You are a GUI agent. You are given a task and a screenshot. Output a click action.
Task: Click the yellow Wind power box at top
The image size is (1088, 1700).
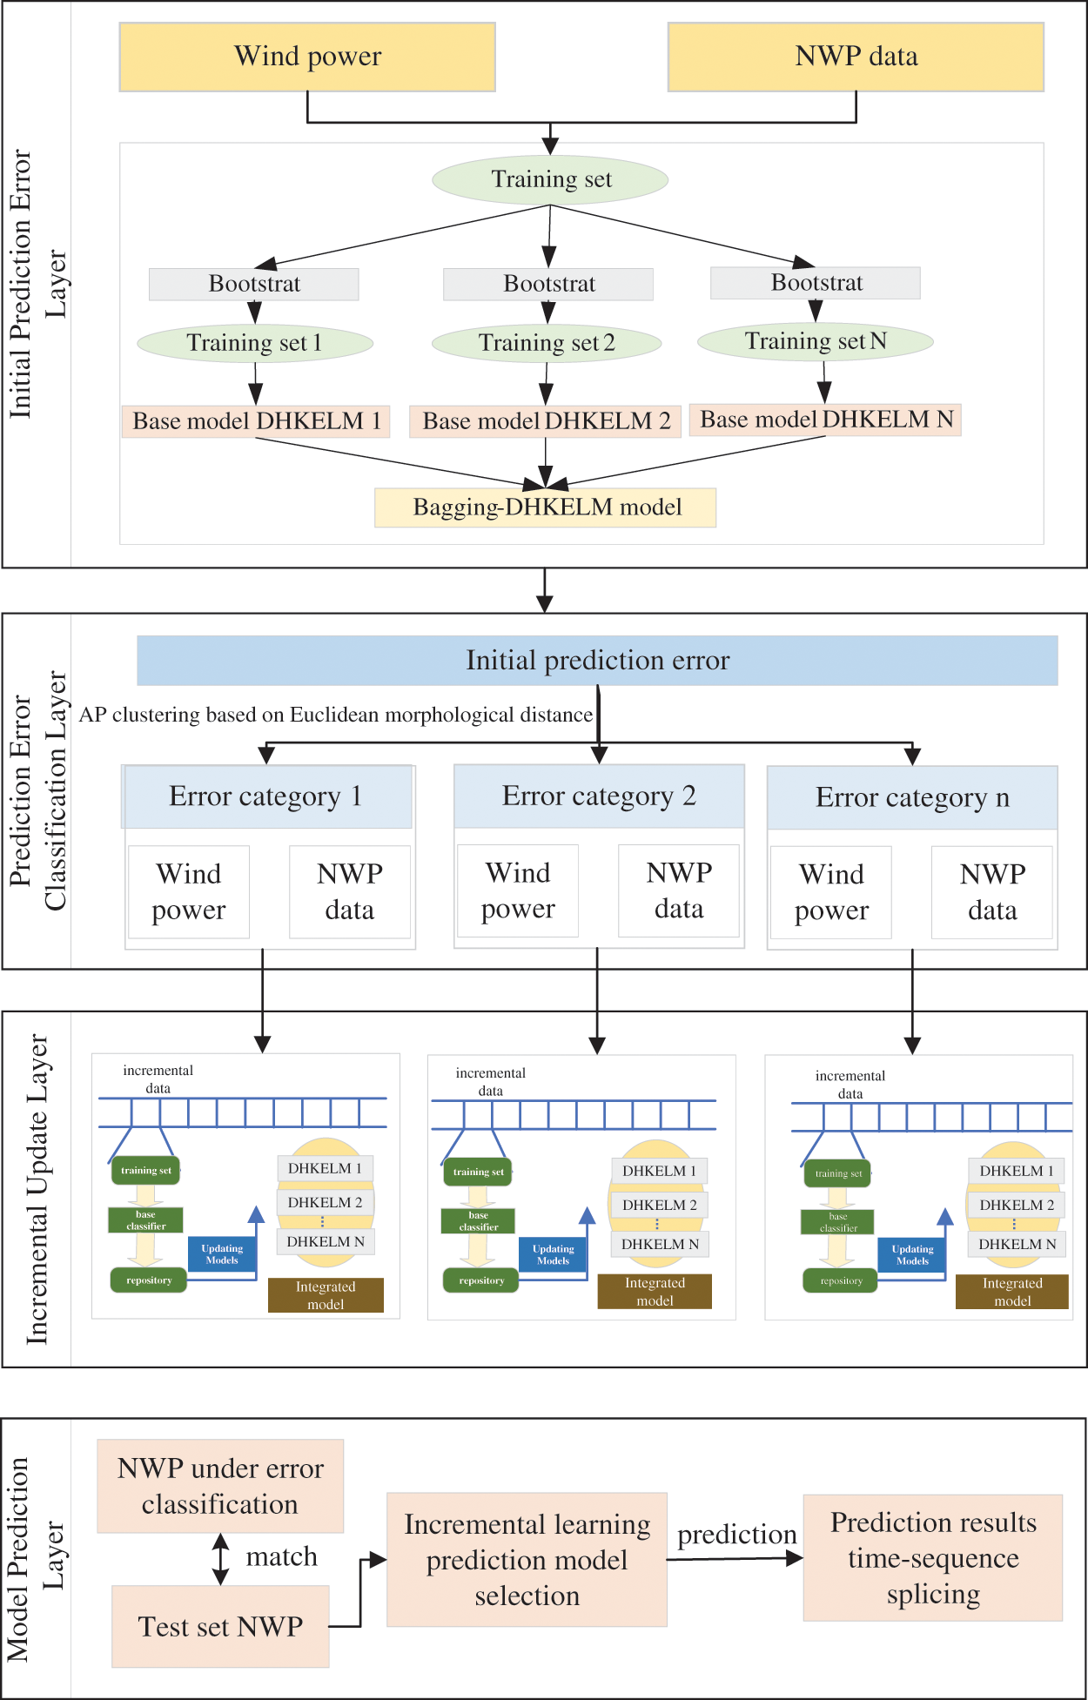(x=307, y=57)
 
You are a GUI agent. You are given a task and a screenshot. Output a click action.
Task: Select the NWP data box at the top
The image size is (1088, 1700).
(x=856, y=57)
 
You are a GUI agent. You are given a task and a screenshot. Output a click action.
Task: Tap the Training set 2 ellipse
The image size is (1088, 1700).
(x=547, y=343)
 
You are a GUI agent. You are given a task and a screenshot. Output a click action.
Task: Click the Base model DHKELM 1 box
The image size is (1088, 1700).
(x=256, y=421)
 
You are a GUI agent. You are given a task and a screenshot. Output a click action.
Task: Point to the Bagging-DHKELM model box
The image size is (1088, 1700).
(x=546, y=507)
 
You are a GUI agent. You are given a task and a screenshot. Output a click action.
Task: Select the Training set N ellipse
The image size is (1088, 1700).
(x=816, y=341)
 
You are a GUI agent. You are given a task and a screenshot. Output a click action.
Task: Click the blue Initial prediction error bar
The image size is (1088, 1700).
(x=597, y=661)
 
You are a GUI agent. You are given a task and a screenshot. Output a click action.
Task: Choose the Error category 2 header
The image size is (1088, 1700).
(x=599, y=796)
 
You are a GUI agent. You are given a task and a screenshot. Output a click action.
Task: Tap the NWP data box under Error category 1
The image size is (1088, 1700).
(x=350, y=892)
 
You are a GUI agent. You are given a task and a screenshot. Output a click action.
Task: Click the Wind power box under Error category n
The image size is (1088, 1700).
(x=831, y=893)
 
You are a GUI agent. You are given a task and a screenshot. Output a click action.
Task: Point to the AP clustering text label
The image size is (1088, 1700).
(x=336, y=716)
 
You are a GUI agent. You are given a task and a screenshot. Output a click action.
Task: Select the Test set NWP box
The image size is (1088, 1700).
(x=220, y=1626)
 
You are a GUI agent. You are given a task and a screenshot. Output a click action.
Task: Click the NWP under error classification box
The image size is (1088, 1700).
(x=220, y=1486)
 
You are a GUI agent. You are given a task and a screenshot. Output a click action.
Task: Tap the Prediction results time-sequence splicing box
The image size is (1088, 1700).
(x=933, y=1558)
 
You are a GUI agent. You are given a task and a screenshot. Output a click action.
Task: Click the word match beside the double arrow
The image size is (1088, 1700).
(x=282, y=1556)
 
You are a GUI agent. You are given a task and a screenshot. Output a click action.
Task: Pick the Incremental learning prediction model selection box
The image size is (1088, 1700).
(x=527, y=1560)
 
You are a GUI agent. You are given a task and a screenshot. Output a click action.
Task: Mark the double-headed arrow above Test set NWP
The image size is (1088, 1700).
(x=221, y=1559)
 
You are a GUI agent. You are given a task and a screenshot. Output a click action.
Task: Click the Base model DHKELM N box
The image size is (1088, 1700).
(x=825, y=420)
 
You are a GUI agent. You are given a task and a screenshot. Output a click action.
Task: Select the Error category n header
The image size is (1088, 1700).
(x=912, y=797)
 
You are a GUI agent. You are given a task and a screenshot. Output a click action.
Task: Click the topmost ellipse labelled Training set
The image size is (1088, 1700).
(x=550, y=180)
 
